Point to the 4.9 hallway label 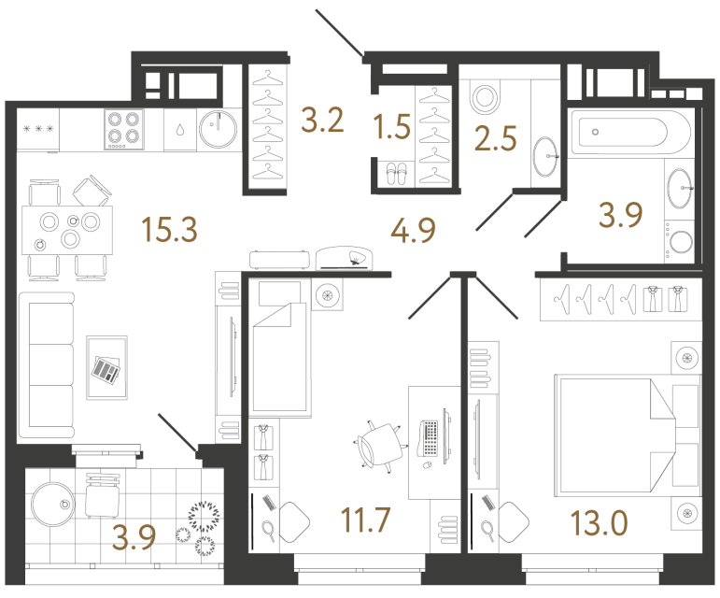[x=411, y=228]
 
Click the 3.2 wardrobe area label [x=322, y=121]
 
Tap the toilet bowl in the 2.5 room [x=486, y=97]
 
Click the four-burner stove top [x=122, y=129]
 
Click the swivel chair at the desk [x=377, y=443]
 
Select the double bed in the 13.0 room [x=616, y=431]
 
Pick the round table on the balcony [x=52, y=505]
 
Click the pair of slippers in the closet [x=396, y=171]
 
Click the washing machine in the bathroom [x=680, y=241]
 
